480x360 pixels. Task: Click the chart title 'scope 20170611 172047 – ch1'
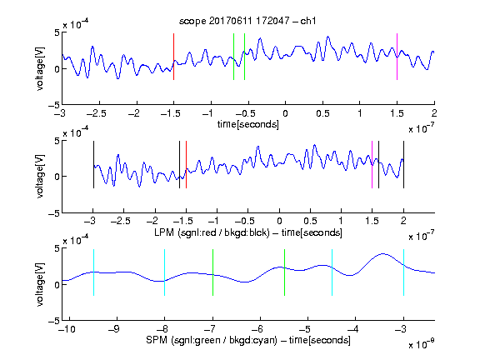(247, 21)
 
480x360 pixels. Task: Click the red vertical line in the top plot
(174, 57)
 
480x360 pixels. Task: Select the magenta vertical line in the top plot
(397, 57)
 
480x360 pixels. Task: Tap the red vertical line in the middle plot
(186, 164)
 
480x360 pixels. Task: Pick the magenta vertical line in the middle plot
(372, 164)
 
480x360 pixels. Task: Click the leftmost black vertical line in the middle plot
(93, 164)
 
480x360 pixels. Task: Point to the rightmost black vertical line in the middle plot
(403, 164)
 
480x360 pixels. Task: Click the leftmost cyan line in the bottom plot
(93, 272)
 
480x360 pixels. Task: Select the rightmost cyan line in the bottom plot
(403, 272)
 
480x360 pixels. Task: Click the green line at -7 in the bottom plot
(212, 272)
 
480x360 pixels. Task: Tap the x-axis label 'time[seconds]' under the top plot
(248, 124)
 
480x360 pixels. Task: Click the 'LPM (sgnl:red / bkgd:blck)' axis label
(212, 232)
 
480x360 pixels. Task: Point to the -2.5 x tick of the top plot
(96, 113)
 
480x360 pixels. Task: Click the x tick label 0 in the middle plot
(279, 221)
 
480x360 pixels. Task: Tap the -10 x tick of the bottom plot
(67, 329)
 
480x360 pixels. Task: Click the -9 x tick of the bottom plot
(114, 329)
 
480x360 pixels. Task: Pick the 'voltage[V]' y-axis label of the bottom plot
(40, 284)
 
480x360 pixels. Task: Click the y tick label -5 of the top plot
(54, 106)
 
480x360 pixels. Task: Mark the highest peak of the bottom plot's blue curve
(382, 254)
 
